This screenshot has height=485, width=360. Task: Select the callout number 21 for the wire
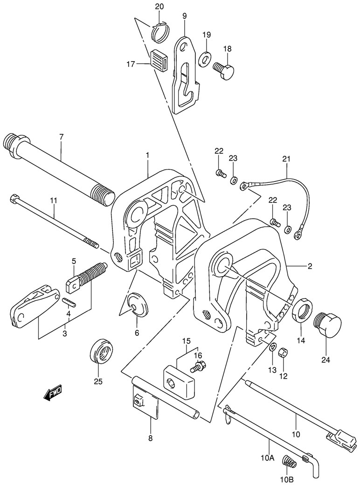[x=286, y=159]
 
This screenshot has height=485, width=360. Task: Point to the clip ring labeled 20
[x=159, y=30]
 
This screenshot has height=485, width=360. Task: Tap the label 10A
[x=267, y=458]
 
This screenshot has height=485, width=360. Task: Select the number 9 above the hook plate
[x=185, y=16]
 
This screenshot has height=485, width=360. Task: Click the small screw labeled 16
[x=197, y=368]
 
